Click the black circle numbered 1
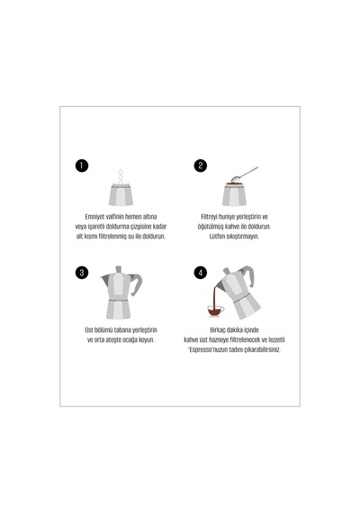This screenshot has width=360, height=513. point(82,166)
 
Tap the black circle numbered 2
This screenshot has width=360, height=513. point(201,166)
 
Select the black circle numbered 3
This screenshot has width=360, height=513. point(82,273)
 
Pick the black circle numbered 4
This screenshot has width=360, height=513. point(201,273)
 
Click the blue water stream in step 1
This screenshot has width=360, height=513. point(121,177)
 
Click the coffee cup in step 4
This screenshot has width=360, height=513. point(216,310)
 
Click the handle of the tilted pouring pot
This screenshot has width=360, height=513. point(248,275)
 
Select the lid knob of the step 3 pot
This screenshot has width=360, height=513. point(119,269)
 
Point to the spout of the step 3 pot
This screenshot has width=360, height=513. point(104,280)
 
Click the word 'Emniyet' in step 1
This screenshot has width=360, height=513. point(95,217)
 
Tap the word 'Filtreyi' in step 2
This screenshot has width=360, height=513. point(209,217)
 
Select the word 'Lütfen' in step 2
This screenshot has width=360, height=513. point(217,236)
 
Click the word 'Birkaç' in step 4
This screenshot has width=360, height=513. point(219,329)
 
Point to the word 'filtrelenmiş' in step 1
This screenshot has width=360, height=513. point(112,236)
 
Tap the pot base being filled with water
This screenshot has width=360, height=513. point(121,195)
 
